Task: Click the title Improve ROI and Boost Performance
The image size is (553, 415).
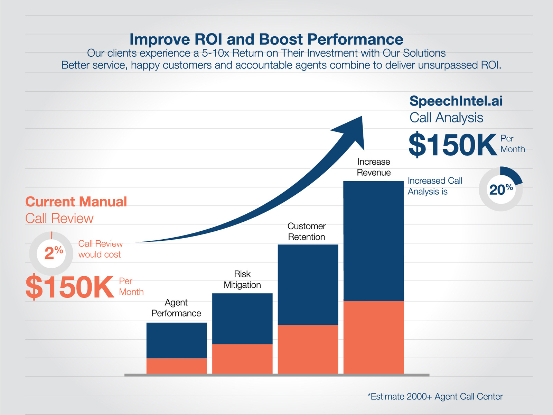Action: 266,39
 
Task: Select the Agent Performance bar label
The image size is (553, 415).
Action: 176,308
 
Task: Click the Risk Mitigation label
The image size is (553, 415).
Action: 242,279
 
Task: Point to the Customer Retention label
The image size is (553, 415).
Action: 307,231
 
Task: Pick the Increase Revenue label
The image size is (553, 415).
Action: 374,167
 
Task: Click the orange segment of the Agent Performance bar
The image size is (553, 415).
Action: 177,366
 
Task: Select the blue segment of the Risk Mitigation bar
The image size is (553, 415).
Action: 242,318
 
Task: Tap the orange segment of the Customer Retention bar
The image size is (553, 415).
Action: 308,349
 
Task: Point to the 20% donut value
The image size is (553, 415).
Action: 501,190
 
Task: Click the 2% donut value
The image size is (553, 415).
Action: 54,252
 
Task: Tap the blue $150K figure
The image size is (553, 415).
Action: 452,145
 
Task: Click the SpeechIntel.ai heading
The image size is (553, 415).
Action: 456,101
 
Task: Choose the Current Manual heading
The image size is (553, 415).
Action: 76,202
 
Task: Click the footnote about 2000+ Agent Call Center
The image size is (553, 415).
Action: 435,396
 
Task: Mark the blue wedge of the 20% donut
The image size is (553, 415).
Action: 513,174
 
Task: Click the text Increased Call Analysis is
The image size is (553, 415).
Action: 434,186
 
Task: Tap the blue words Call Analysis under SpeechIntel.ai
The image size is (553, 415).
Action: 446,118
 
